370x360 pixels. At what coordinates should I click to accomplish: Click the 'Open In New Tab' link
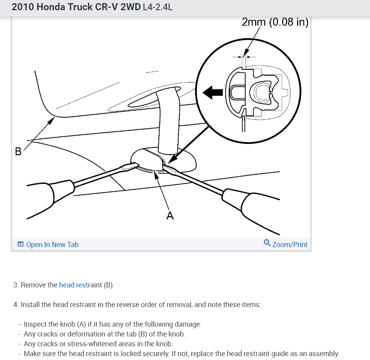52,245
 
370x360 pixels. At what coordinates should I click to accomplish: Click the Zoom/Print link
290,245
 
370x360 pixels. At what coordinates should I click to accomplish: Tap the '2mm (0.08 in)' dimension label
275,22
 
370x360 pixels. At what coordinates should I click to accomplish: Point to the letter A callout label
170,216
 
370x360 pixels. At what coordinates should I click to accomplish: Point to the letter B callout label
18,151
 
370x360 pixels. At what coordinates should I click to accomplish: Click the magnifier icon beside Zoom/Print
267,243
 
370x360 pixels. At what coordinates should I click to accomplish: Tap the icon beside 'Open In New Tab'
20,245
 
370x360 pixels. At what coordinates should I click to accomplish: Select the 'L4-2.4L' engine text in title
158,7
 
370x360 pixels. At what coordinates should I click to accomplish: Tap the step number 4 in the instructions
15,305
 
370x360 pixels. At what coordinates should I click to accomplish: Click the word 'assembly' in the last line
324,354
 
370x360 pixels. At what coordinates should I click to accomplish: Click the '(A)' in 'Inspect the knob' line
81,324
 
